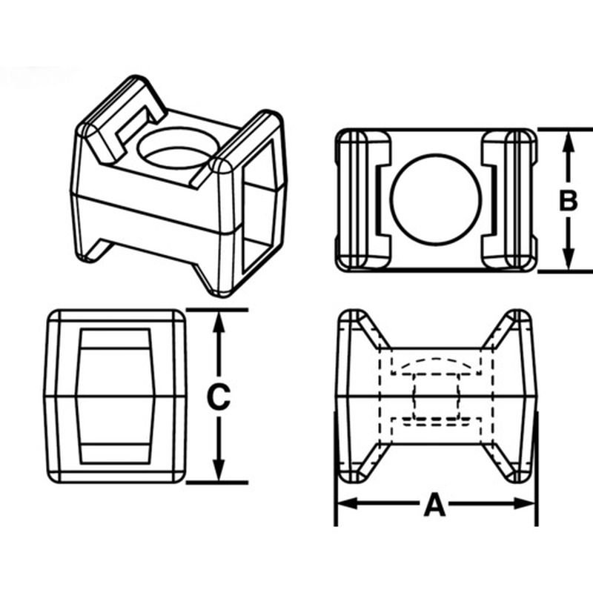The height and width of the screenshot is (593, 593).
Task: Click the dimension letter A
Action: click(434, 505)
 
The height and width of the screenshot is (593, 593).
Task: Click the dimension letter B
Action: click(568, 200)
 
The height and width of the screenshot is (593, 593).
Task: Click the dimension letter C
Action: click(219, 397)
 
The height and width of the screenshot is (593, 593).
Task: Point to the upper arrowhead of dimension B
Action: click(568, 142)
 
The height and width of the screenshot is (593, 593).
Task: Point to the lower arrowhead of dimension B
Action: click(568, 259)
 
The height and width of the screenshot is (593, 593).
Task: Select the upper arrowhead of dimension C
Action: click(219, 322)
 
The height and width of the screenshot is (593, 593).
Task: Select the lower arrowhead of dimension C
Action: click(219, 471)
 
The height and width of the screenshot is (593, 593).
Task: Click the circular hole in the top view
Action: click(436, 199)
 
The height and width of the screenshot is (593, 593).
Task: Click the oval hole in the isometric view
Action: click(178, 148)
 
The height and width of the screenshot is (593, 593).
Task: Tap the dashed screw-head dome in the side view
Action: click(436, 366)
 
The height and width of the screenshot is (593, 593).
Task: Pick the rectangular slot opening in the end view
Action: click(116, 397)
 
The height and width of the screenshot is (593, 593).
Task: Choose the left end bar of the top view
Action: click(363, 200)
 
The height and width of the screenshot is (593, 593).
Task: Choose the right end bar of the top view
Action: click(509, 200)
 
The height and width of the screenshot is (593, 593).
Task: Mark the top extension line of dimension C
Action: click(217, 310)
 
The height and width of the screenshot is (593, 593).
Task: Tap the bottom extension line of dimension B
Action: click(565, 271)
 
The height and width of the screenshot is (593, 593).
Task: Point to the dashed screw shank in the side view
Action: click(436, 397)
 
